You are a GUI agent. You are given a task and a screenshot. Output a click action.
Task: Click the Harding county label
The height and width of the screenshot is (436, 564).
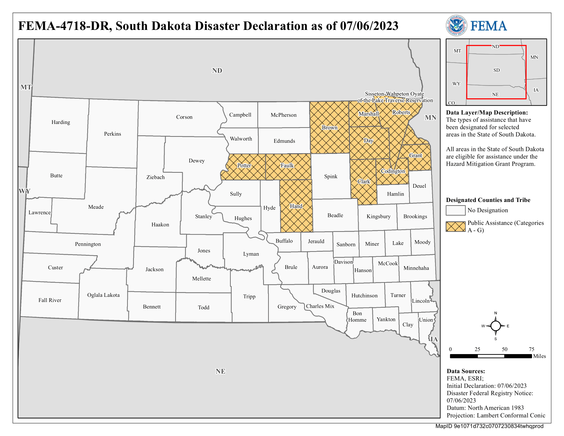click(61, 122)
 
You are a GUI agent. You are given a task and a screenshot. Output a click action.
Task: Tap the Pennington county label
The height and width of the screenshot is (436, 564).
click(88, 244)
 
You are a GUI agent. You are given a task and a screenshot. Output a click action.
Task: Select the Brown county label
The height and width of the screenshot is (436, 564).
click(330, 128)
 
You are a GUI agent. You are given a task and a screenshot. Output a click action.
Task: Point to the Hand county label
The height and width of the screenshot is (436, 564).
click(296, 206)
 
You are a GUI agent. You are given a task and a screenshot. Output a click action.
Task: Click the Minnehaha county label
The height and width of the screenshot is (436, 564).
click(416, 268)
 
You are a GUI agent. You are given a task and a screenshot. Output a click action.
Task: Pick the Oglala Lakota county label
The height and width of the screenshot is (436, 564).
click(104, 295)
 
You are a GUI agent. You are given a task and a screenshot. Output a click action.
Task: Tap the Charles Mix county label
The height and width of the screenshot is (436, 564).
click(320, 306)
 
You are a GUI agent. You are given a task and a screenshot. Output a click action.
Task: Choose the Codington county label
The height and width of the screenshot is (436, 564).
click(393, 171)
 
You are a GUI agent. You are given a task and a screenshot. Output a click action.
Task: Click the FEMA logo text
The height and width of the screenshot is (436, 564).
click(489, 26)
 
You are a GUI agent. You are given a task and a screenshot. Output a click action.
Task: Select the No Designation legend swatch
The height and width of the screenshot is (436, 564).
click(455, 210)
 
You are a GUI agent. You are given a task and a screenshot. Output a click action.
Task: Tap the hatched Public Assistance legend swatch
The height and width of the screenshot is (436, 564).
click(455, 227)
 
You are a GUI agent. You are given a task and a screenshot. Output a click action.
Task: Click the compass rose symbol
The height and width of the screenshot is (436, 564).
click(495, 326)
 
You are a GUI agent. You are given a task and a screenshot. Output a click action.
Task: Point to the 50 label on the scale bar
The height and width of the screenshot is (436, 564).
click(505, 349)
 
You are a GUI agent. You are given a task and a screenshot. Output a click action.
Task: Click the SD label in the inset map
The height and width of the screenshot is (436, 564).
click(496, 70)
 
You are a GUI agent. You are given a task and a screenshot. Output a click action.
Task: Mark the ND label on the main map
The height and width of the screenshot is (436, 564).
click(217, 71)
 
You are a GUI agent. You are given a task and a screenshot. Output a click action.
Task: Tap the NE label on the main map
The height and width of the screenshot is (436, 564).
click(220, 371)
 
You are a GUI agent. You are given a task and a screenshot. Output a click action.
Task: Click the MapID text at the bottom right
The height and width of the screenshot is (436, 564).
click(489, 426)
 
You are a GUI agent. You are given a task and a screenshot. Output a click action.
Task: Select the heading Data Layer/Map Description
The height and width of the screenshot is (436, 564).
click(487, 113)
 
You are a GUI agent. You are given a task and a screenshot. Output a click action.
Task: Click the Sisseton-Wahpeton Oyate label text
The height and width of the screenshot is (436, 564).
click(395, 94)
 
